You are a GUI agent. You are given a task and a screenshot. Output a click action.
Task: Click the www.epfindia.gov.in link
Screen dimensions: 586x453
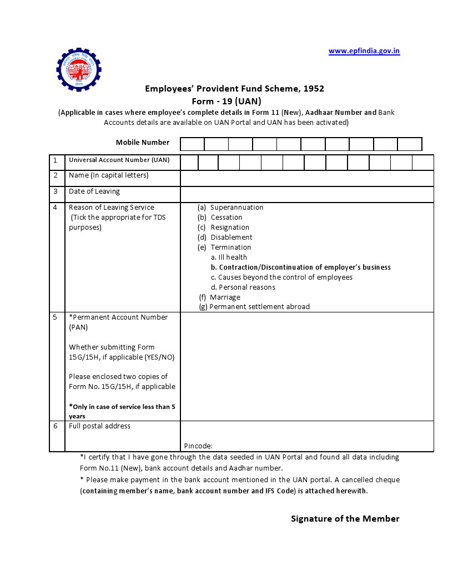tap(364, 51)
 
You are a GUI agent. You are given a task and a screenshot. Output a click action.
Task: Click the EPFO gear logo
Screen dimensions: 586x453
tap(79, 69)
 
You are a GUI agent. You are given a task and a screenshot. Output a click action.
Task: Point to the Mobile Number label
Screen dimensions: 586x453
tap(143, 143)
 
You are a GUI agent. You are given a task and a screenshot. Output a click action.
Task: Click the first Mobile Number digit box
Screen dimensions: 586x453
tap(193, 144)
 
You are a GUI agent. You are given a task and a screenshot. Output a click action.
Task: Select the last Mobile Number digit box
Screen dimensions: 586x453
tap(410, 144)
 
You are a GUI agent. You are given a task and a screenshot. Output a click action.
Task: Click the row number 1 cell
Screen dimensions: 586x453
tap(56, 160)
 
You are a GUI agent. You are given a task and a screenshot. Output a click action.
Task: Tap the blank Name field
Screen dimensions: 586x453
tap(306, 178)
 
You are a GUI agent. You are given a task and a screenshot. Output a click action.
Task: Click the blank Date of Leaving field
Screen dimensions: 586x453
tap(306, 194)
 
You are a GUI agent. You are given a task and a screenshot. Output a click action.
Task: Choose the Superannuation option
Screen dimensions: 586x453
tap(236, 208)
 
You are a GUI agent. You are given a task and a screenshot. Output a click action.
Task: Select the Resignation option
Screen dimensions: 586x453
tap(230, 228)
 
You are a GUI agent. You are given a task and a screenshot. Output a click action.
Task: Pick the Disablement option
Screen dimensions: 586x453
tap(231, 238)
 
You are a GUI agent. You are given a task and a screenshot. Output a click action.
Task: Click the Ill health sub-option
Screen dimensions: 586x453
tap(229, 257)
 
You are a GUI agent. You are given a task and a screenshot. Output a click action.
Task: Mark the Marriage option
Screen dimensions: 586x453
tap(225, 297)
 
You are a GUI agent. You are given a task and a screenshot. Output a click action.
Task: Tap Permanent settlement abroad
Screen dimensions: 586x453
tap(259, 307)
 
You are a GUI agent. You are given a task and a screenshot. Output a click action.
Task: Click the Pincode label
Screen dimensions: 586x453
tap(198, 446)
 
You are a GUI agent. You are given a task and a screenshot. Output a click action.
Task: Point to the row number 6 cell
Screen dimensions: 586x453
tap(56, 426)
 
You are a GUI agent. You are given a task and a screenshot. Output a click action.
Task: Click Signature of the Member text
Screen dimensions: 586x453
tap(345, 519)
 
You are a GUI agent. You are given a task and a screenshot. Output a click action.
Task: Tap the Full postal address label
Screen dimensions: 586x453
tap(99, 426)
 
